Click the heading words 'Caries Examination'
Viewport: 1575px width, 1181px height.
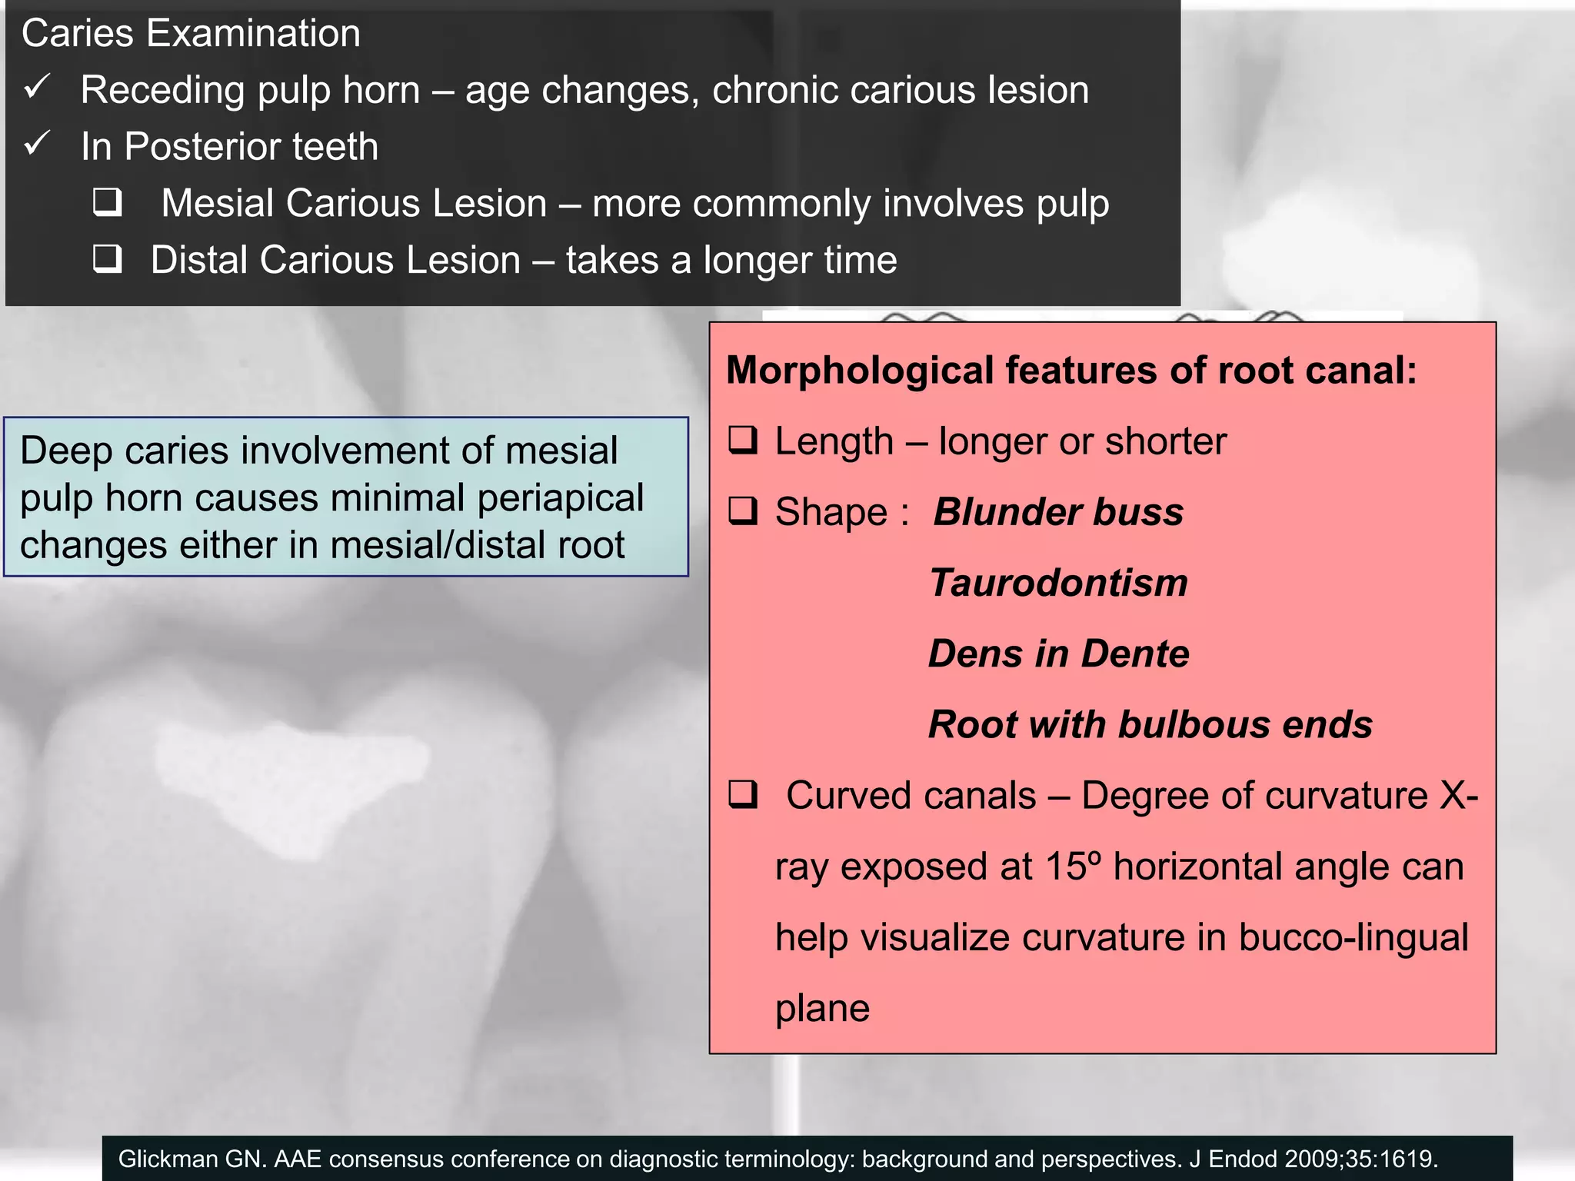click(x=191, y=34)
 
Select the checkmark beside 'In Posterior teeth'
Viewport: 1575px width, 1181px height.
click(x=37, y=143)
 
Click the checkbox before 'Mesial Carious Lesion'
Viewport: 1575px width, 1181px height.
click(x=108, y=202)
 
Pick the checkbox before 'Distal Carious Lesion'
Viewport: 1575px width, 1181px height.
click(x=108, y=259)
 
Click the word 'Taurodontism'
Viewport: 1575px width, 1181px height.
click(x=1058, y=583)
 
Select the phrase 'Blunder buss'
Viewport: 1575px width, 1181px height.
click(x=1058, y=512)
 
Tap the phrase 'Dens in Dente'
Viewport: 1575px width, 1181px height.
click(x=1058, y=654)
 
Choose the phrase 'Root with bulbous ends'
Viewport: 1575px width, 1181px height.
click(x=1150, y=724)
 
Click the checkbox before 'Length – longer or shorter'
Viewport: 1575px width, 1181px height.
click(x=744, y=441)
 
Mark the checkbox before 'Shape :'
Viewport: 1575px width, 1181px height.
click(x=744, y=511)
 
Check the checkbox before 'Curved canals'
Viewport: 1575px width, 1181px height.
click(x=744, y=794)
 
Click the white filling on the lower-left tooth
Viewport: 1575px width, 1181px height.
click(x=292, y=777)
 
